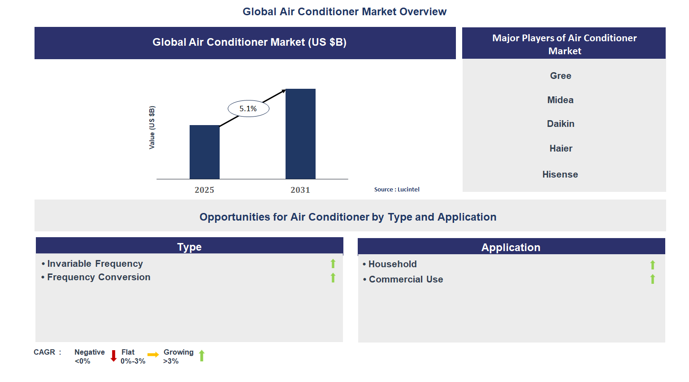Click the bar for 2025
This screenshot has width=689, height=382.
(x=204, y=152)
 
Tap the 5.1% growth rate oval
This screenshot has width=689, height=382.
(x=248, y=109)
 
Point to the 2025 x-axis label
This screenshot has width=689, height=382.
(x=204, y=190)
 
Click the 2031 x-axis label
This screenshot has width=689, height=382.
(x=300, y=190)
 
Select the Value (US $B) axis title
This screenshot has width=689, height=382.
(x=152, y=128)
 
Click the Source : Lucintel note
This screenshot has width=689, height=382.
(x=397, y=190)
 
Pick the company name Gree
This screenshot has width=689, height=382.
(x=560, y=76)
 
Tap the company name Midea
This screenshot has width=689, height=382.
(x=560, y=100)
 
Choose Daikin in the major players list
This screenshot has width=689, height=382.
(x=560, y=124)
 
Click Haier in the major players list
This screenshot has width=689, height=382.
(x=561, y=148)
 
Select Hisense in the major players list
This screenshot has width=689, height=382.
(x=560, y=174)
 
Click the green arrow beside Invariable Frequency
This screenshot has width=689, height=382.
(x=333, y=264)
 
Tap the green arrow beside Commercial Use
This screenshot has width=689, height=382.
(x=653, y=279)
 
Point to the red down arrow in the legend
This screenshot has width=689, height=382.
(x=113, y=356)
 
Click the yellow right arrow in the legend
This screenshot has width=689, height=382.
(x=153, y=355)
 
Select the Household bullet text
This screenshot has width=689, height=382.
(x=392, y=264)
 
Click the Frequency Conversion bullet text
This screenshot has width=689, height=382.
(x=99, y=277)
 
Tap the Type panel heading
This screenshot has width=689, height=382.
(x=189, y=247)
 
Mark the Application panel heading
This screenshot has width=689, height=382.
(x=511, y=247)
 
